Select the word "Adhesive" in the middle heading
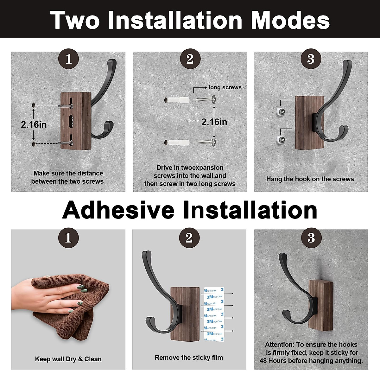click(118, 210)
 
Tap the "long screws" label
click(225, 87)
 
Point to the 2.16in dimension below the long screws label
click(214, 122)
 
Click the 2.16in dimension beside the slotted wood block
click(34, 124)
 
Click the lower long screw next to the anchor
click(206, 142)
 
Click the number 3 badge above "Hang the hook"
click(311, 59)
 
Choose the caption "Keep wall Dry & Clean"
click(68, 359)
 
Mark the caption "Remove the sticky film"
click(189, 358)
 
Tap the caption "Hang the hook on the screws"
click(310, 179)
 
